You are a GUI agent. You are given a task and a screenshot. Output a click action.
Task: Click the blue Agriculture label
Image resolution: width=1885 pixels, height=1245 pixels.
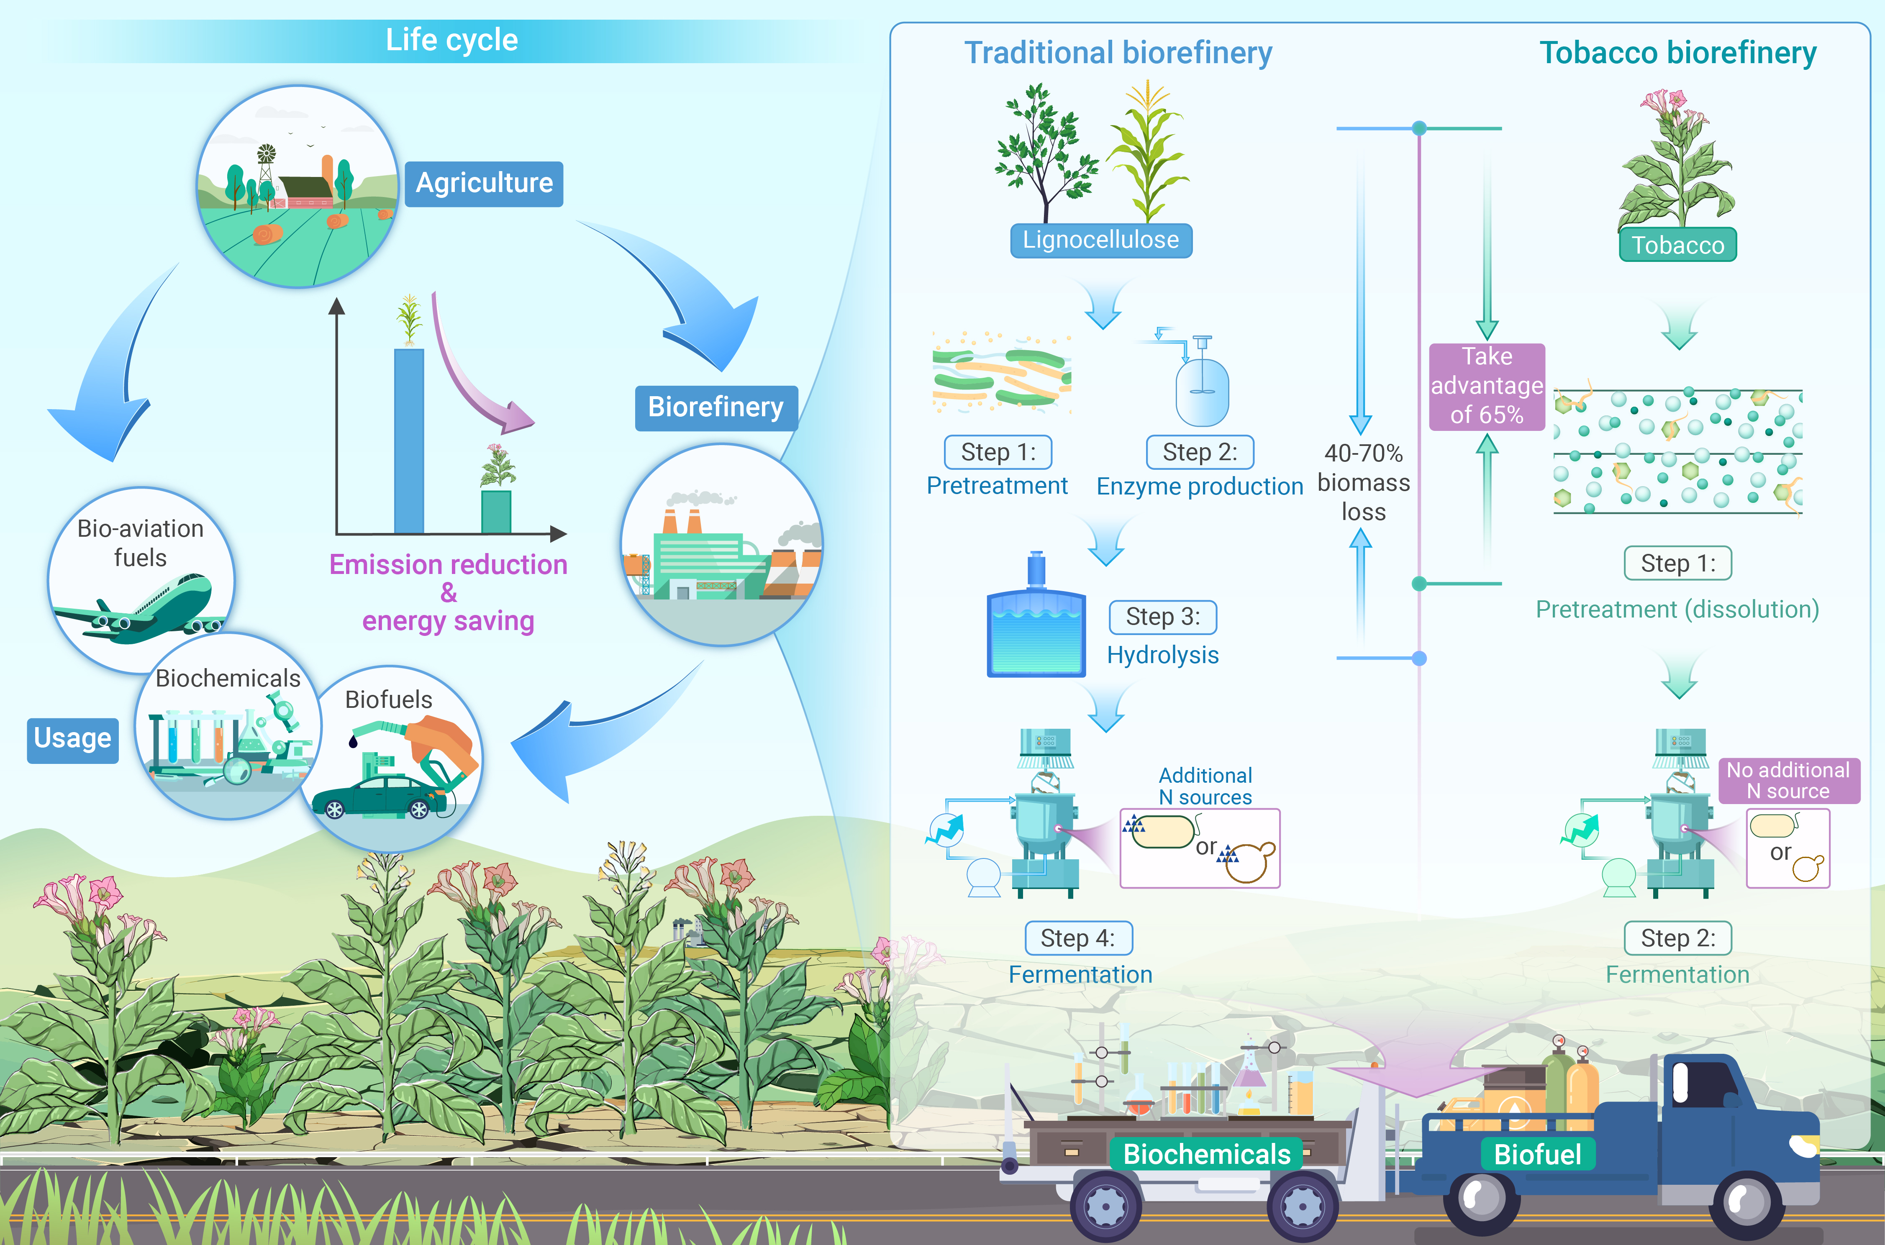(484, 183)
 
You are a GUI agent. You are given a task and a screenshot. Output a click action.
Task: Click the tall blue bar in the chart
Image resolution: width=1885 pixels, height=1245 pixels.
(409, 441)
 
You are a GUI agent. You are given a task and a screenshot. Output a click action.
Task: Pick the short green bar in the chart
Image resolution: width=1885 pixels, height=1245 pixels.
(496, 512)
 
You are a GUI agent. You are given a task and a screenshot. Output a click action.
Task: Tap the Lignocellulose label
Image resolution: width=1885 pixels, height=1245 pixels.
(1100, 240)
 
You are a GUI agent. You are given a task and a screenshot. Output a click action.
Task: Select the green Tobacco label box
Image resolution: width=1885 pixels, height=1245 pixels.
(1678, 245)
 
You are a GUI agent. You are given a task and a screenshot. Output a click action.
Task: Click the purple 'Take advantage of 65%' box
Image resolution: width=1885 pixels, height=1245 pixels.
(1486, 386)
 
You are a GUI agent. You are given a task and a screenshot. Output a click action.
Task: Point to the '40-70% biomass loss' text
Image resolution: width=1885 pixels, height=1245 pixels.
(1363, 482)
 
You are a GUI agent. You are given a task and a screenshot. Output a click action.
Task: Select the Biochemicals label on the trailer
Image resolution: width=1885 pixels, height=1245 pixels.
(1206, 1154)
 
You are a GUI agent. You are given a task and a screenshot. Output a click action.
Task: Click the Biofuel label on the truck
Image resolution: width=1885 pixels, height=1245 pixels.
(1537, 1154)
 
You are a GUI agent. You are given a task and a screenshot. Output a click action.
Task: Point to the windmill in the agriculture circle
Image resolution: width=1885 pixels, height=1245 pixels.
(266, 159)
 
